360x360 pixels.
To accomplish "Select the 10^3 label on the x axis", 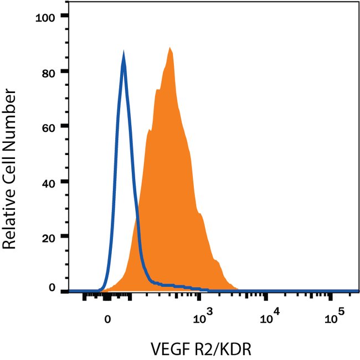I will tap(204, 317).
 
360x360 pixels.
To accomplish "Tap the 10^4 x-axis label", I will tap(269, 317).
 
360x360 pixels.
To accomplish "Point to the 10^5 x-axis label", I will tap(333, 317).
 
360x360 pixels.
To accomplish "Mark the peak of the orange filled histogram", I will tap(170, 48).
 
